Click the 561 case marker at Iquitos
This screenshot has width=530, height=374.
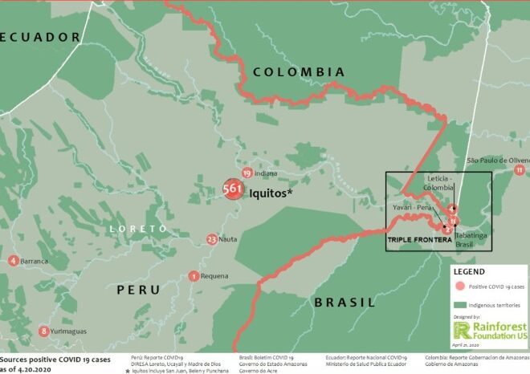coord(233,190)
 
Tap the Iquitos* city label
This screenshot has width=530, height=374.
coord(271,193)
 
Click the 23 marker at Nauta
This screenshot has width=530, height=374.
coord(211,239)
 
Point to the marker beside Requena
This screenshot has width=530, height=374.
coord(194,276)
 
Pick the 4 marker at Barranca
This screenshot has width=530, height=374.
coord(13,261)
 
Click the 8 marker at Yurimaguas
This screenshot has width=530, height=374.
coord(43,331)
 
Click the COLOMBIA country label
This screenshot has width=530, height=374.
coord(299,72)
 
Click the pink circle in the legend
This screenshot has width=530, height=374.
coord(460,287)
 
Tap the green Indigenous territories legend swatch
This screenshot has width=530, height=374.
coord(461,306)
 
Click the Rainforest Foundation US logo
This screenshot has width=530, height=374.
coord(489,331)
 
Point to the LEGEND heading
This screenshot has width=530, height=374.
coord(470,272)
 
